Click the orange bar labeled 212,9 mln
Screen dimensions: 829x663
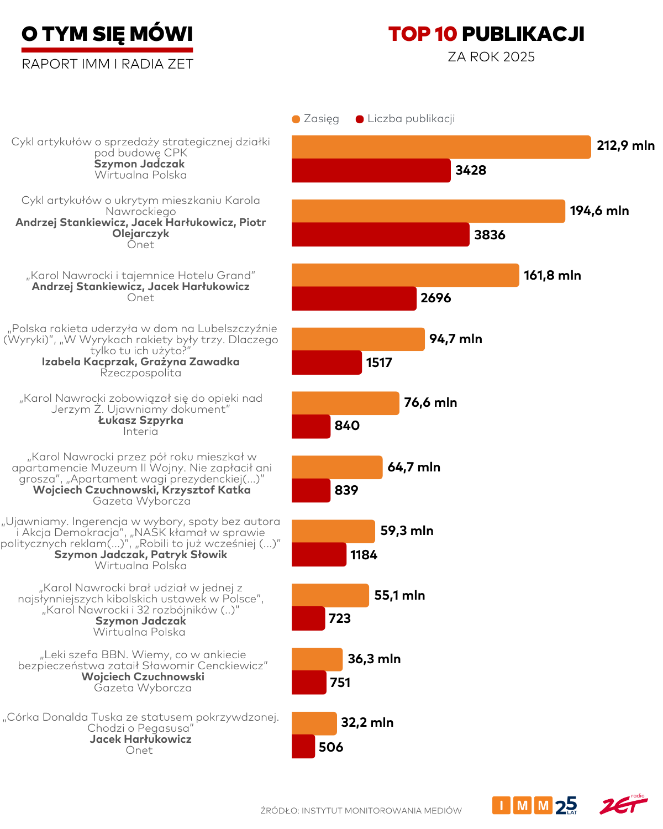tap(441, 147)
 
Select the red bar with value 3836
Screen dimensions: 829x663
tap(380, 234)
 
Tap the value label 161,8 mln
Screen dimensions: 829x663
tap(552, 275)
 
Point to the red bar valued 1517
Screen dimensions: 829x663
tap(327, 363)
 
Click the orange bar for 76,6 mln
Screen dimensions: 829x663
tap(345, 403)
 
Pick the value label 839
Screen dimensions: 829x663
tap(346, 490)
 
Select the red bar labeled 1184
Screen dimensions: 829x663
tap(319, 554)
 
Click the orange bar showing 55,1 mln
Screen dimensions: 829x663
tap(330, 595)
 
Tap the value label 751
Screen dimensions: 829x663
tap(340, 683)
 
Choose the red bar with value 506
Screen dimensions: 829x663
tap(303, 747)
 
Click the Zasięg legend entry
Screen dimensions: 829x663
tap(315, 119)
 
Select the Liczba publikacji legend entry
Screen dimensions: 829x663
tap(406, 119)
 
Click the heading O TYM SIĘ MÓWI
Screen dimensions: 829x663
tap(107, 34)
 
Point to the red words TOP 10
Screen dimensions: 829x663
tap(423, 34)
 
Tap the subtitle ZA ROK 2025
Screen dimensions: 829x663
tap(491, 57)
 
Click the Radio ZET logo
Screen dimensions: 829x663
tap(623, 805)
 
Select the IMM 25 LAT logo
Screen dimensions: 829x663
tap(534, 805)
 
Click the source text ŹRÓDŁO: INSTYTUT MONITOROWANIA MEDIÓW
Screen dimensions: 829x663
tap(361, 811)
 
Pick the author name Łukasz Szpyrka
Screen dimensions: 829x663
tap(140, 420)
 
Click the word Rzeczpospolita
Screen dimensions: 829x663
tap(140, 373)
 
